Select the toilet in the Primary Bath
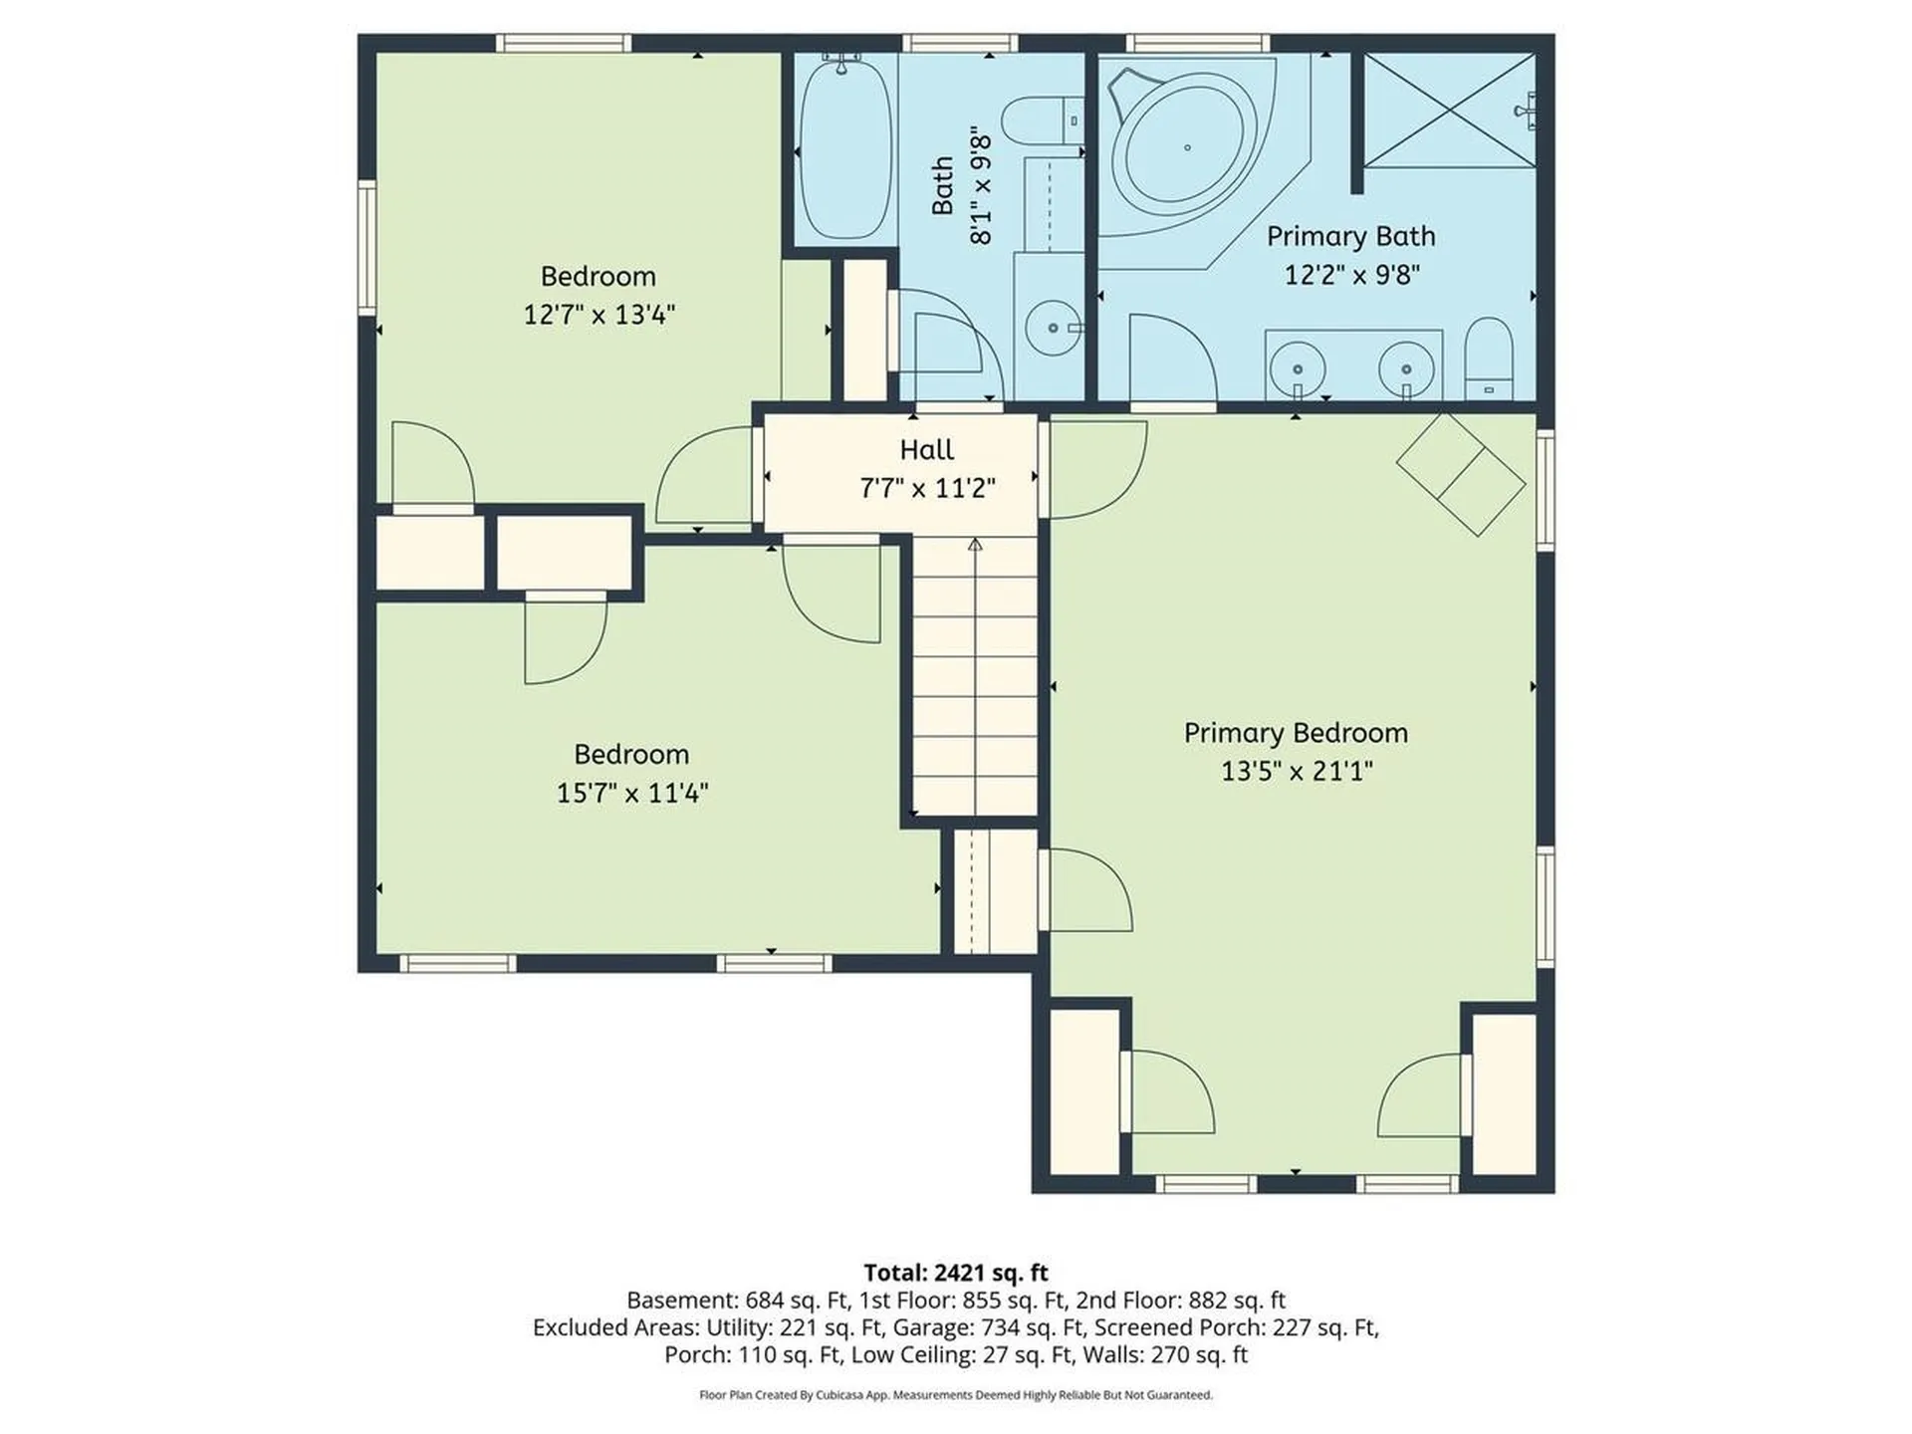[1489, 358]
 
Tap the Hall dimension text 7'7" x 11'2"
[927, 488]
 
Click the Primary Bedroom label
[1296, 733]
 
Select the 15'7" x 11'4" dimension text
[631, 793]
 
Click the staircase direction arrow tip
[975, 545]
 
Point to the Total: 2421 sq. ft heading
[955, 1272]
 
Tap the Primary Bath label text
[1350, 236]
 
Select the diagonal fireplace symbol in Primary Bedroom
[1461, 475]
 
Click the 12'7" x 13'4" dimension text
[598, 315]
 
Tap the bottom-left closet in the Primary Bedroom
[1084, 1091]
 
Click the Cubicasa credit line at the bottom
[955, 1395]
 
